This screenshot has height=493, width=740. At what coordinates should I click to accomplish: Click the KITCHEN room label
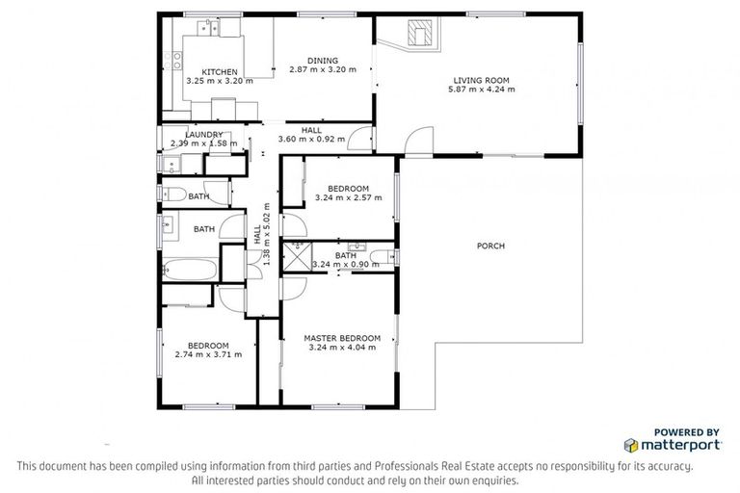click(x=219, y=71)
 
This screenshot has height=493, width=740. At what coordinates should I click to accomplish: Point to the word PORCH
click(x=490, y=246)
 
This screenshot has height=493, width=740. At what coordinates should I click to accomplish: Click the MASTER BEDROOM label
click(x=342, y=338)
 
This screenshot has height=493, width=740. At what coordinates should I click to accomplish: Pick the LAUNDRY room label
click(x=204, y=135)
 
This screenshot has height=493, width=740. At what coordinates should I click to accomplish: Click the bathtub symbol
click(x=188, y=269)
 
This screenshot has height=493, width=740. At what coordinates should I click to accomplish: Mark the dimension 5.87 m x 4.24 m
click(x=482, y=90)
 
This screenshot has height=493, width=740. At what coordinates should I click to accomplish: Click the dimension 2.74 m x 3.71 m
click(x=208, y=354)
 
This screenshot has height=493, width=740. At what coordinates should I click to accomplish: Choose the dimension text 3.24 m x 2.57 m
click(x=348, y=198)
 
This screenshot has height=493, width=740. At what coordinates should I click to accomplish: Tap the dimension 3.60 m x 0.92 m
click(x=311, y=140)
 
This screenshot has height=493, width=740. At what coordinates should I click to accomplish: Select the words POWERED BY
click(x=686, y=432)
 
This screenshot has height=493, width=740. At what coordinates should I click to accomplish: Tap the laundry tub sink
click(x=172, y=165)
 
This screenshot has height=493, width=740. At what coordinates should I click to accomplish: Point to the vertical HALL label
click(x=257, y=234)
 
